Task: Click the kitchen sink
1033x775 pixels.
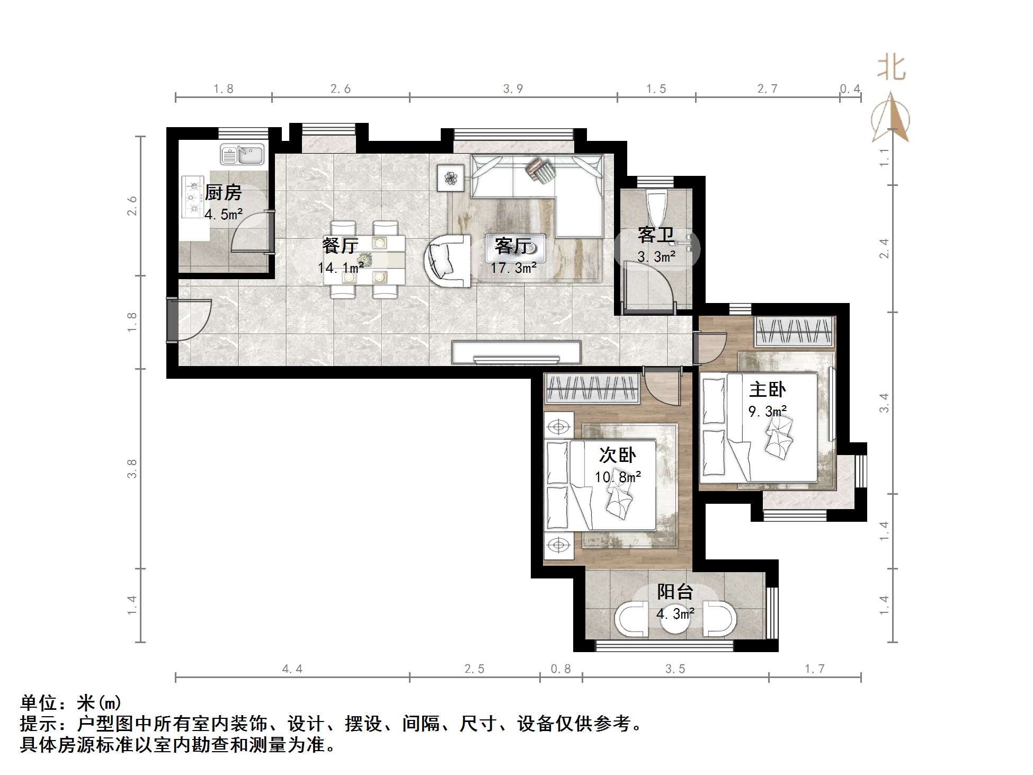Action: pyautogui.click(x=242, y=155)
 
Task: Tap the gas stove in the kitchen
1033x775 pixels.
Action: pyautogui.click(x=193, y=197)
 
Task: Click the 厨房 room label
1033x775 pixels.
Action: pyautogui.click(x=223, y=192)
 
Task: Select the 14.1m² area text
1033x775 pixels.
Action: pyautogui.click(x=341, y=268)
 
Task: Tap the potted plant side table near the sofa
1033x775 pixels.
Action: pyautogui.click(x=451, y=178)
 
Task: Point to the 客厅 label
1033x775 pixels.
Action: pyautogui.click(x=512, y=246)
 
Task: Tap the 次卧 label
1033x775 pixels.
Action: pyautogui.click(x=617, y=455)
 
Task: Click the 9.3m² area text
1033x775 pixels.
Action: pyautogui.click(x=767, y=411)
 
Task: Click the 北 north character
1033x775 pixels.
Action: pyautogui.click(x=892, y=69)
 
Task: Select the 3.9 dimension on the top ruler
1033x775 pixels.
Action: pyautogui.click(x=513, y=88)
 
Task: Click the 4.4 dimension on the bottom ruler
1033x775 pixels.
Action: pyautogui.click(x=292, y=669)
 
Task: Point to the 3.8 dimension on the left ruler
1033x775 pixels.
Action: pyautogui.click(x=132, y=469)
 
